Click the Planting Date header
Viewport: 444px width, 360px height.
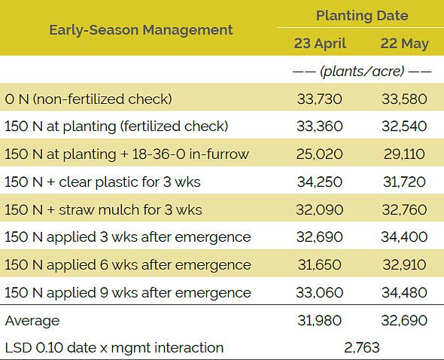[x=362, y=15]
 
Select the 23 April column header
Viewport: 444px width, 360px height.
[x=320, y=43]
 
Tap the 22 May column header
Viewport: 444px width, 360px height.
[x=404, y=43]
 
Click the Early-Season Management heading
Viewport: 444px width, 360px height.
[x=141, y=30]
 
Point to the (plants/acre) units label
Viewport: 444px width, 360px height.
[x=361, y=71]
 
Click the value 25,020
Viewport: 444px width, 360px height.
[x=320, y=154]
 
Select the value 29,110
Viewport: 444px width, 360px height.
[x=403, y=154]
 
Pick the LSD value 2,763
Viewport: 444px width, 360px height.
[x=362, y=347]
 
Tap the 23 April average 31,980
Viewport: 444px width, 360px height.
[x=320, y=320]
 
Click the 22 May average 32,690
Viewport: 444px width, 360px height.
[x=403, y=320]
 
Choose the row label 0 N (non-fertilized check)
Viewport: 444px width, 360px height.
[x=89, y=99]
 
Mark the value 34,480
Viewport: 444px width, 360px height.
[x=403, y=292]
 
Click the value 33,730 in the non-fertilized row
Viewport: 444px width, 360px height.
[x=320, y=99]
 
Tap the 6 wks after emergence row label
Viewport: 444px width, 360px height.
[x=128, y=264]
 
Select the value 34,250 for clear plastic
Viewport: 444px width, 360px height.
[x=320, y=182]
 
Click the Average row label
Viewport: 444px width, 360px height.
[x=32, y=320]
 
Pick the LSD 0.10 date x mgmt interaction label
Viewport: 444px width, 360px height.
[x=114, y=347]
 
